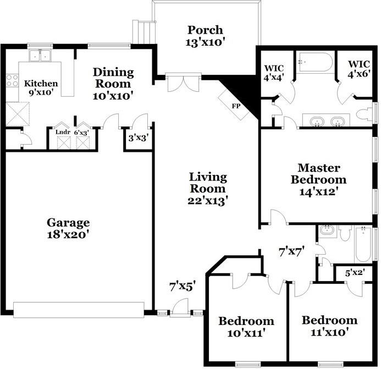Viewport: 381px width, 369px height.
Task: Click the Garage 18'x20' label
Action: point(68,228)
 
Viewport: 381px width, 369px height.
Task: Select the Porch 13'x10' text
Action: point(206,35)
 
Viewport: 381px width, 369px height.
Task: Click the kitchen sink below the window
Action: point(40,56)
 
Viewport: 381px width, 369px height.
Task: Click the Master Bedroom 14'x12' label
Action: point(318,179)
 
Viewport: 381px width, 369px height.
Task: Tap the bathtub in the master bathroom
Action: point(315,62)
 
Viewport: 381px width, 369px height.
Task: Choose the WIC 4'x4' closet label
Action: point(274,73)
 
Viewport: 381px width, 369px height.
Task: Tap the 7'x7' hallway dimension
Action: point(292,252)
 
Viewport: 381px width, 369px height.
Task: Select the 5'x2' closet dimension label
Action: point(355,272)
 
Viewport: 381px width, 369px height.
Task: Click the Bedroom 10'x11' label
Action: point(246,327)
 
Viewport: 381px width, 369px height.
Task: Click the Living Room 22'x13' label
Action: point(208,189)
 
